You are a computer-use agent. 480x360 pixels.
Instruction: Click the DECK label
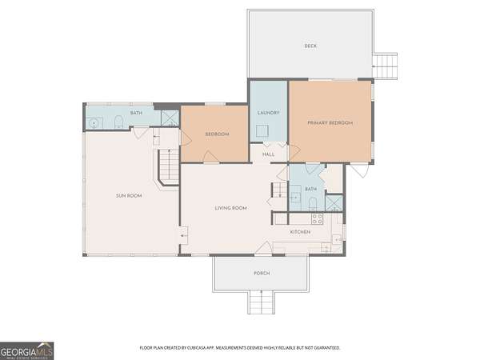tap(310, 46)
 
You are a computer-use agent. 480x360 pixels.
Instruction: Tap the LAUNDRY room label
tap(269, 113)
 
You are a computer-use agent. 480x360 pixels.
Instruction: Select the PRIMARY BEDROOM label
tap(330, 122)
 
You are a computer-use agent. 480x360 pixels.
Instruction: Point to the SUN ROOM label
tap(129, 196)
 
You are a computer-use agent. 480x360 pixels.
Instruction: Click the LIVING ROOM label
tap(230, 208)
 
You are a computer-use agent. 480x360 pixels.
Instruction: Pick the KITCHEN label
tap(300, 232)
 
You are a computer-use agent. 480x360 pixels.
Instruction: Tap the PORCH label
tap(262, 273)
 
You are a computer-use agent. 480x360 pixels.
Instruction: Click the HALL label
tap(269, 154)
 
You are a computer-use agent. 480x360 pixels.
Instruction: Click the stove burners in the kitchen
tap(317, 219)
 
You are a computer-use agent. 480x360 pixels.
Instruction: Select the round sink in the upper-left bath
tap(94, 123)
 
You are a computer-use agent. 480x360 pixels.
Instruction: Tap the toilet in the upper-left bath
tap(118, 122)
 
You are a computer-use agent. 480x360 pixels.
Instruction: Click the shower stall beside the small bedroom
tap(170, 118)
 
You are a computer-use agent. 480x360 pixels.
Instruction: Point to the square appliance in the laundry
tap(262, 130)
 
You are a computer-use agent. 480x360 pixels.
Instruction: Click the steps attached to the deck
tap(385, 66)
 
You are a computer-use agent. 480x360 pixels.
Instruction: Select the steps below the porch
tap(260, 302)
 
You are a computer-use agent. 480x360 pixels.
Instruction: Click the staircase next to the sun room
tap(169, 166)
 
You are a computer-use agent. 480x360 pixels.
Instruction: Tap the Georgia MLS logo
tap(26, 351)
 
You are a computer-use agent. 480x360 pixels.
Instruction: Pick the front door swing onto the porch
tap(263, 247)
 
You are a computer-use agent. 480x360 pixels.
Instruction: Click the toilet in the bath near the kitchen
tap(313, 204)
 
